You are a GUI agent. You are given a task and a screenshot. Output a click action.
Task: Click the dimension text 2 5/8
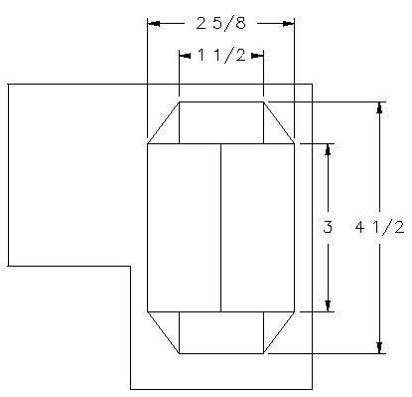point(220,23)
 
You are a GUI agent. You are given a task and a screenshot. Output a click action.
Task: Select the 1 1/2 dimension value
point(221,57)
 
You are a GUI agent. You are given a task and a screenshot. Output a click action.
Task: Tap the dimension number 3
point(327,228)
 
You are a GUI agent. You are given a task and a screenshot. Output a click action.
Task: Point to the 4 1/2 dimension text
point(379,228)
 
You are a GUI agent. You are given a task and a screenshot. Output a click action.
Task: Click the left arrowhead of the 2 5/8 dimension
point(152,23)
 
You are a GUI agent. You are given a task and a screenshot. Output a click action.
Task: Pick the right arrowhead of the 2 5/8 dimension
point(290,23)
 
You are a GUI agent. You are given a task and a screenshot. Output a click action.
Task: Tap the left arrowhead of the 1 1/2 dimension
point(184,57)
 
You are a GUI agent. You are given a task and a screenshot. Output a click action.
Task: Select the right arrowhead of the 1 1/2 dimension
point(259,57)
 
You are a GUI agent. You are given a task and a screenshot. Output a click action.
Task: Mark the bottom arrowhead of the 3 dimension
point(328,305)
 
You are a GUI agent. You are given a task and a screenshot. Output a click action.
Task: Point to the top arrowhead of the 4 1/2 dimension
point(379,106)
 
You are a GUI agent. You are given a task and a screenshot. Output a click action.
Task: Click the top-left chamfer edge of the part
point(163,122)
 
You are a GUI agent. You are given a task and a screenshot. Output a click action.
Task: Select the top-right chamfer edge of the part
point(279,122)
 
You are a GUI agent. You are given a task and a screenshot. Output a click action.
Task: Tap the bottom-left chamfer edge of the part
point(163,331)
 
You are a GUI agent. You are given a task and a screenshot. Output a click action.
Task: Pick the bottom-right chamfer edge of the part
point(279,331)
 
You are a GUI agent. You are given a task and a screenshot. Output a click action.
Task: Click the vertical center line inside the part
point(220,228)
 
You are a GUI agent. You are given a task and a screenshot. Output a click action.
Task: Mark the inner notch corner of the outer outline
point(131,266)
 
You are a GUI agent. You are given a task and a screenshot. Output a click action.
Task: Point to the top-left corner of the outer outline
point(8,85)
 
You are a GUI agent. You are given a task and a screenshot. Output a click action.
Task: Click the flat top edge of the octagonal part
point(221,100)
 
